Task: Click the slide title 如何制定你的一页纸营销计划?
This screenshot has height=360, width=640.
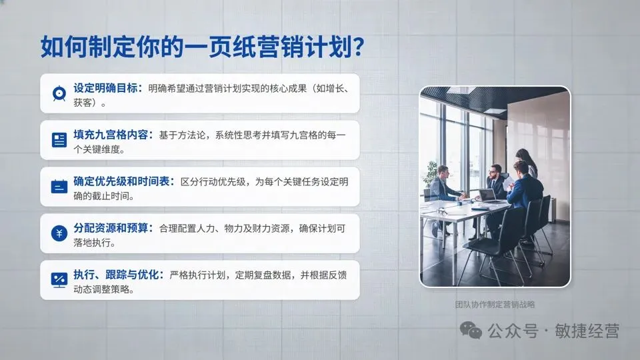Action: coord(202,47)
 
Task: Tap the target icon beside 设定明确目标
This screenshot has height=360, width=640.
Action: coord(59,93)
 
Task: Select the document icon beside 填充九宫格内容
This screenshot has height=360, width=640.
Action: coord(59,139)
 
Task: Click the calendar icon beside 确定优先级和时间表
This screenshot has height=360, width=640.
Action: coord(59,186)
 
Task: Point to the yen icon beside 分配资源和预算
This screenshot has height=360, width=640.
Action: coord(59,233)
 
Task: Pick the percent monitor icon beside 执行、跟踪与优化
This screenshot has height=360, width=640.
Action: coord(59,279)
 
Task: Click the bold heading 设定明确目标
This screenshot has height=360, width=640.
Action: coord(107,88)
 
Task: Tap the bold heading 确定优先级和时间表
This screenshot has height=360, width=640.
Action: coord(124,181)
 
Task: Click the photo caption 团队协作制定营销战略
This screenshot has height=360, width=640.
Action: coord(495,305)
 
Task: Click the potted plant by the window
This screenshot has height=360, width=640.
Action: coord(431,175)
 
